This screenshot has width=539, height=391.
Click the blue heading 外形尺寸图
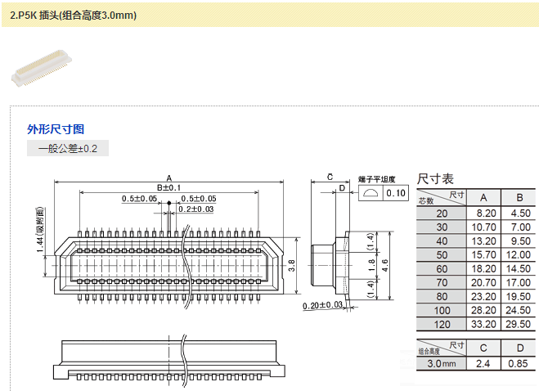coord(56,129)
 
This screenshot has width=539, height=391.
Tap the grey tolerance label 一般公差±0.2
coord(68,149)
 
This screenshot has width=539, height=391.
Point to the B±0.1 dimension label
coord(168,188)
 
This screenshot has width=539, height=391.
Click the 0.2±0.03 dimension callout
coord(196,209)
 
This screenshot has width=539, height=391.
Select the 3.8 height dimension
coord(292,264)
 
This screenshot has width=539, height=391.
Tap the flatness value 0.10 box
coord(396,193)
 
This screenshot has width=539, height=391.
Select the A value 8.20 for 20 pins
coord(483,213)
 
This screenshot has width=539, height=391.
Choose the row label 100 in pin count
coord(442,310)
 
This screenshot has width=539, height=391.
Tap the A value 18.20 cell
coord(483,268)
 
